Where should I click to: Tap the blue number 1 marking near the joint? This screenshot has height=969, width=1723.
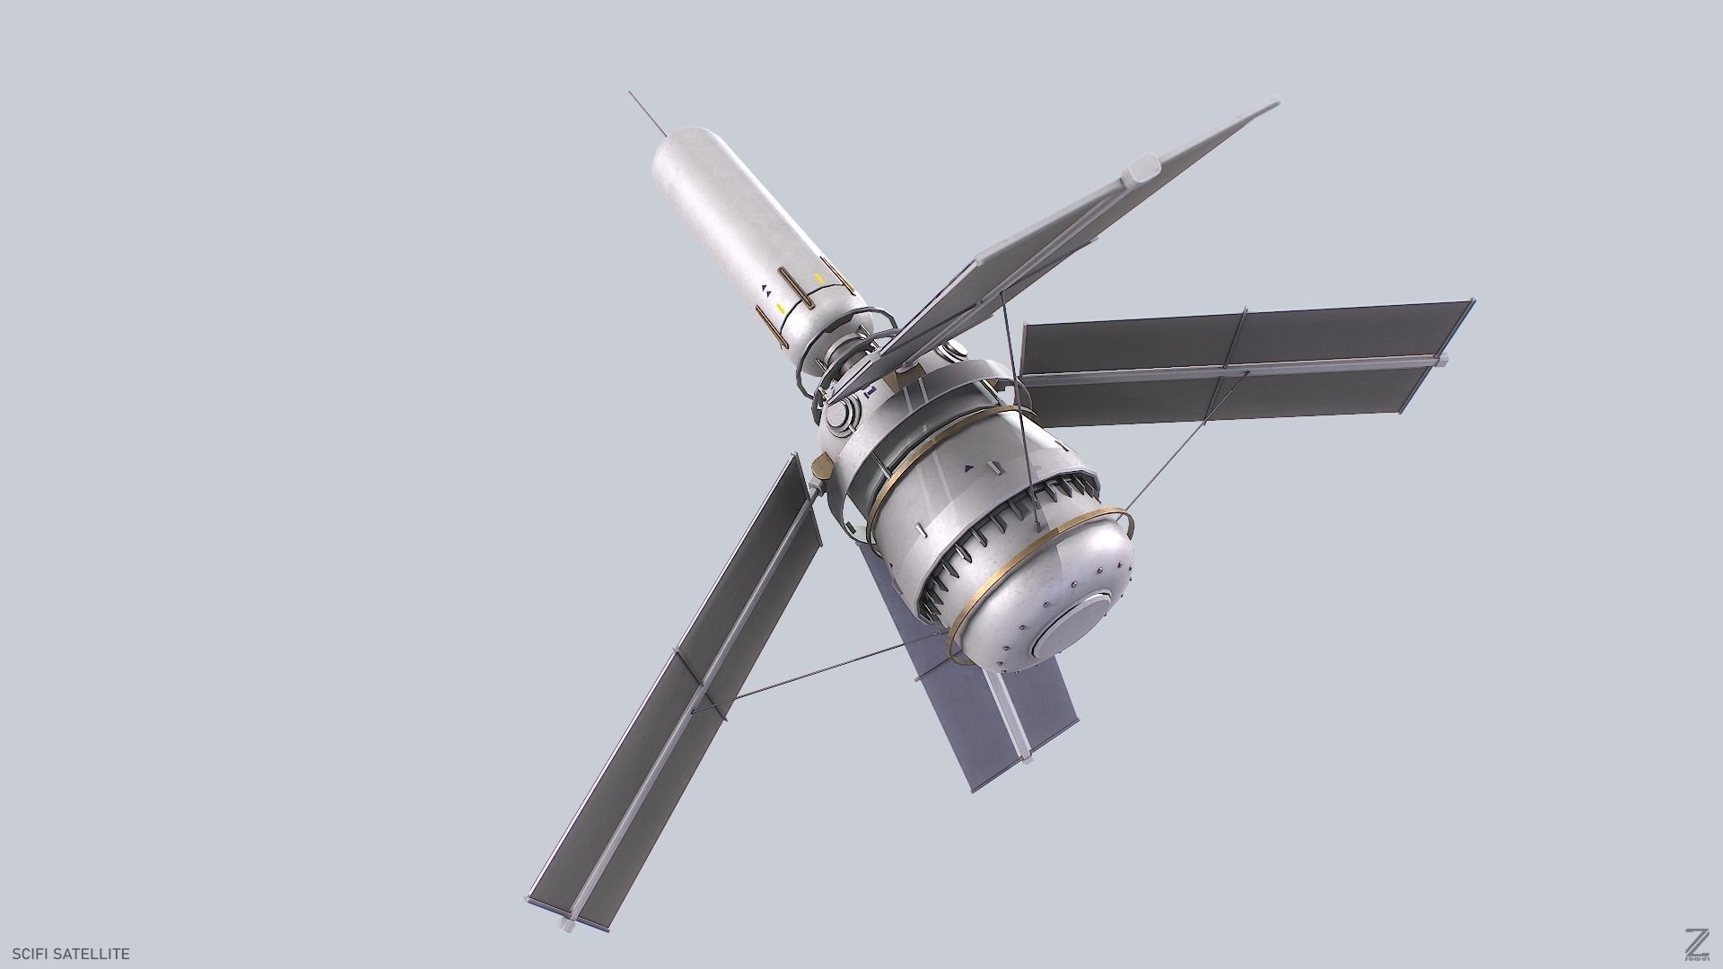[868, 392]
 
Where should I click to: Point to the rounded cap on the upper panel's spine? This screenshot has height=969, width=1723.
[1145, 167]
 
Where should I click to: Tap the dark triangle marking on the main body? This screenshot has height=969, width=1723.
[967, 467]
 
